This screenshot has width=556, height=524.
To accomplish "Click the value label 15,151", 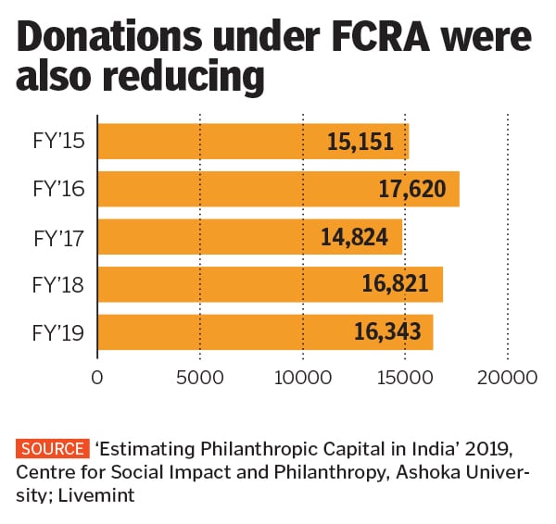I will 360,142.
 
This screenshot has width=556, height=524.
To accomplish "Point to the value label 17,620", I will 412,190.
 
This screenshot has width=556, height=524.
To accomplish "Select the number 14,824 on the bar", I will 355,238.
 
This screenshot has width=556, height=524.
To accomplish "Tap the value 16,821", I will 395,284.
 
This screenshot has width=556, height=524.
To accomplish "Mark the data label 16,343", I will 387,331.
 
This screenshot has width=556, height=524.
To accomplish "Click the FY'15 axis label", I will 58,142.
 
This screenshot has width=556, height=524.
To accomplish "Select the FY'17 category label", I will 58,238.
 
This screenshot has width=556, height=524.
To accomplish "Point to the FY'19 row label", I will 58,331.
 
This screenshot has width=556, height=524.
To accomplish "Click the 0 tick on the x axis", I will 97,378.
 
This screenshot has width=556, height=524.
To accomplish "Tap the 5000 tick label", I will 200,378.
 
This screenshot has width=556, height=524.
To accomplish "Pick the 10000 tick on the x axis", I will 302,378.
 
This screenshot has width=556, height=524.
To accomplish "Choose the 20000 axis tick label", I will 508,378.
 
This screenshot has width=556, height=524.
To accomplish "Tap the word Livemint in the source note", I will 100,496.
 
